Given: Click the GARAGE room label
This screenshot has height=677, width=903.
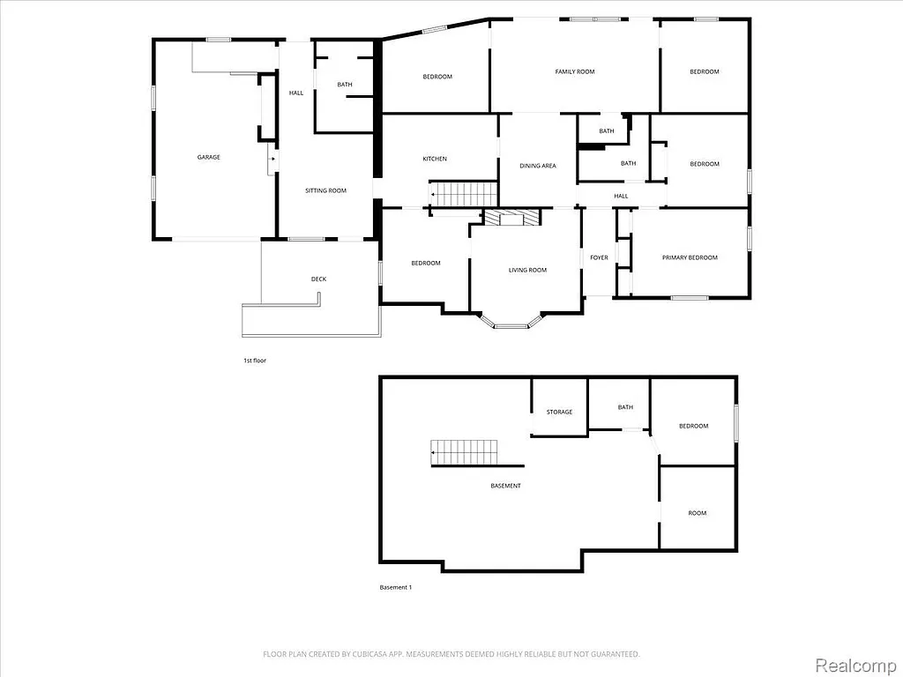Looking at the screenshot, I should [x=208, y=157].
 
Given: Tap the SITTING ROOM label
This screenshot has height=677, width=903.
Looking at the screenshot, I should [x=325, y=190].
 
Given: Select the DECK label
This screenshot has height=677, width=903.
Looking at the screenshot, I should [x=318, y=279].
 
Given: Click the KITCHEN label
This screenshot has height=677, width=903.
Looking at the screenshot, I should [x=435, y=159].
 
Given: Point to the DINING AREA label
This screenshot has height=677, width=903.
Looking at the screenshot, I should [x=537, y=166].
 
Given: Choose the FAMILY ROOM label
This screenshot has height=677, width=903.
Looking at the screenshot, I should [x=574, y=71].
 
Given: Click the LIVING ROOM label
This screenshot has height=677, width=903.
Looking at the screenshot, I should [x=527, y=270].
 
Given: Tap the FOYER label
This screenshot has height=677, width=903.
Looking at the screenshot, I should [x=599, y=257].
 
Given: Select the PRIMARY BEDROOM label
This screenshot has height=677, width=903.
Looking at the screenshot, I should [x=690, y=257].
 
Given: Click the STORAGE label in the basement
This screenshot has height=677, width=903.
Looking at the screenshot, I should [x=559, y=412].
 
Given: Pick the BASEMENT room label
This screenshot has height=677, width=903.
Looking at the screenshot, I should [x=505, y=486].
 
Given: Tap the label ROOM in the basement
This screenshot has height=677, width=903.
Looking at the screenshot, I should [x=697, y=513].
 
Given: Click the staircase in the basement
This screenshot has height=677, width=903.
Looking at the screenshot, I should [x=465, y=452].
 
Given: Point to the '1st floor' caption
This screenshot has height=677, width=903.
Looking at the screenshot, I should [x=255, y=361].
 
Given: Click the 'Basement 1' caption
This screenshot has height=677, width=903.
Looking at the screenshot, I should [x=395, y=587].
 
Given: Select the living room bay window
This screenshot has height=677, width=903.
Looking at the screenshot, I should [x=511, y=325].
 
